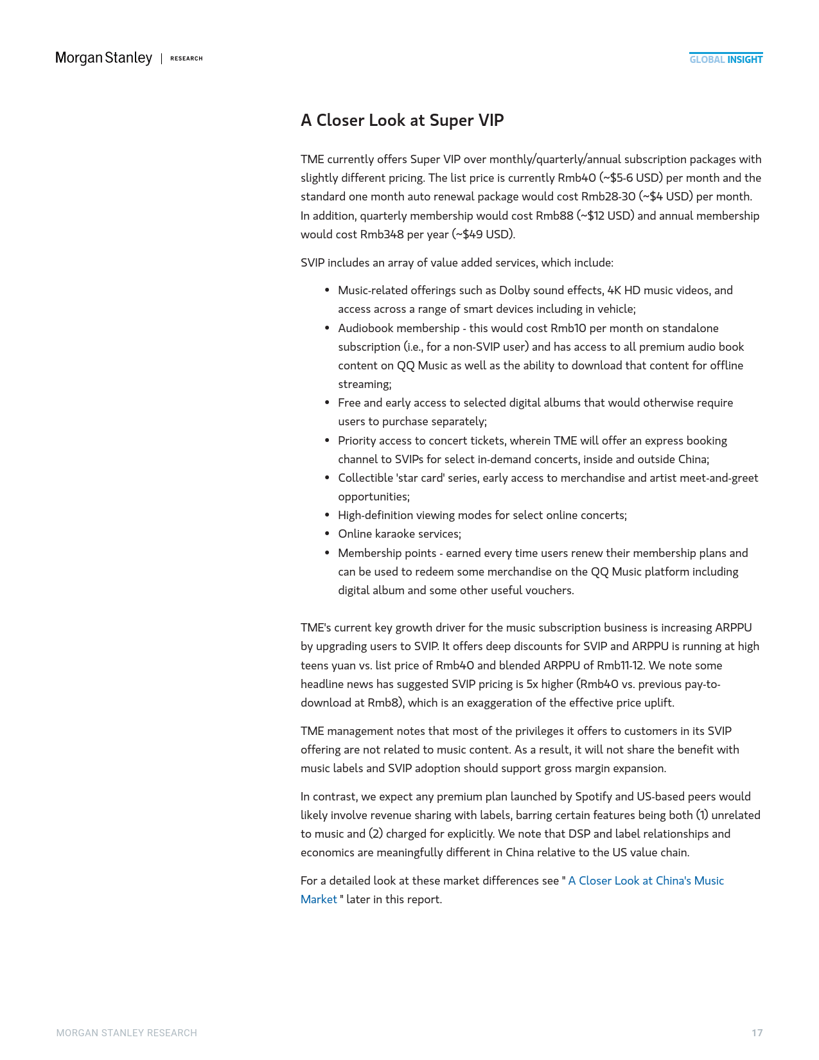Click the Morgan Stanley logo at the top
click(x=103, y=58)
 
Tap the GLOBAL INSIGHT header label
click(x=726, y=60)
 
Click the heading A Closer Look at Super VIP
click(x=402, y=120)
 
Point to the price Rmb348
click(x=382, y=234)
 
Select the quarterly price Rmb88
click(x=554, y=216)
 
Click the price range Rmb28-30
click(x=608, y=197)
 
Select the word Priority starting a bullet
click(x=358, y=441)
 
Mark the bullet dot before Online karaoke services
click(x=327, y=534)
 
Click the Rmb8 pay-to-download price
click(x=384, y=703)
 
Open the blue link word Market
click(x=319, y=899)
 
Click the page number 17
click(x=757, y=1033)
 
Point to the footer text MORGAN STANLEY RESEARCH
click(x=127, y=1033)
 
